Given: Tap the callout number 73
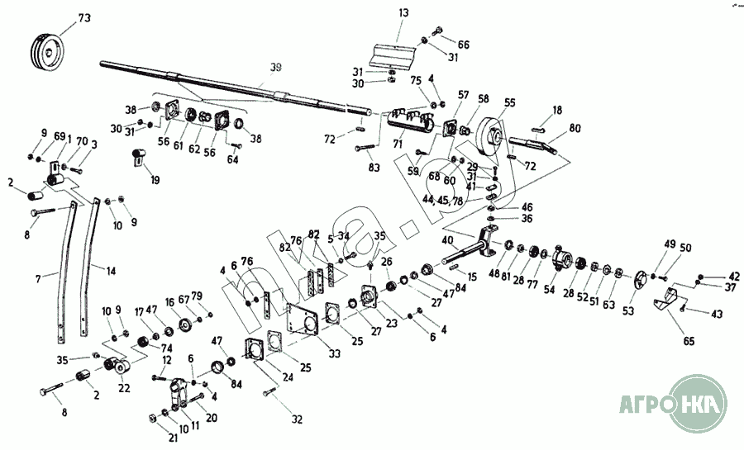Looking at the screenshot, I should (x=84, y=18).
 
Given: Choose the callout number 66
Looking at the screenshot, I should (x=463, y=45).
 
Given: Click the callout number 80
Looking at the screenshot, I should (x=575, y=128).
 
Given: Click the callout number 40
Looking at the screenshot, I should (x=446, y=240).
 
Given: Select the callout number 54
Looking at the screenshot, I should (x=549, y=291).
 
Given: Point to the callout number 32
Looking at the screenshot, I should (x=297, y=419).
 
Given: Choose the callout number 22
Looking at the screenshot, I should (x=124, y=388).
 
